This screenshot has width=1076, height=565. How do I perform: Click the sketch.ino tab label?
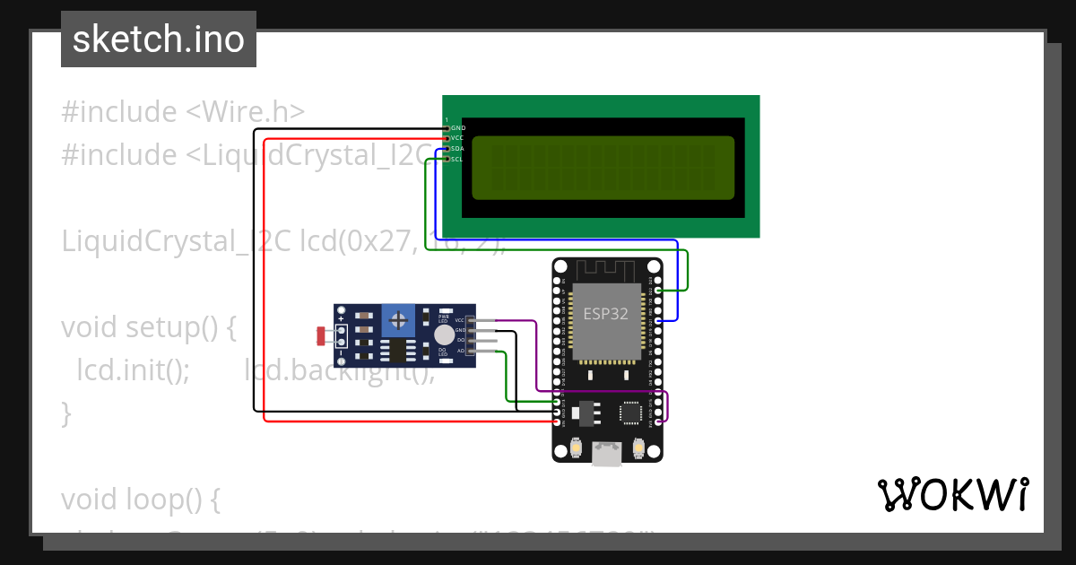tap(159, 39)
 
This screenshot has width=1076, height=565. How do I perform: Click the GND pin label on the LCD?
tap(457, 128)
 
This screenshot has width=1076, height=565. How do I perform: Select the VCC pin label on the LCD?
tap(457, 138)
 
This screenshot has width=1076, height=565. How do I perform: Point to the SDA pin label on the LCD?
tap(457, 149)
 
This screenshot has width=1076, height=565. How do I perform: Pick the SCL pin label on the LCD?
tap(457, 160)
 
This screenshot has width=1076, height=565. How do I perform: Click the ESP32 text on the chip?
tap(605, 314)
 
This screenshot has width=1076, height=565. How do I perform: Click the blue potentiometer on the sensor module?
tap(398, 318)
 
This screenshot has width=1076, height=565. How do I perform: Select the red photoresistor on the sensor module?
tap(321, 336)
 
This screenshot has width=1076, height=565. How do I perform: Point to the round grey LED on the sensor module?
tap(444, 335)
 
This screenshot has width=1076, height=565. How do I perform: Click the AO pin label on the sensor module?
tap(461, 352)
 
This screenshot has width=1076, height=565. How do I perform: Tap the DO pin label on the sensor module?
tap(461, 341)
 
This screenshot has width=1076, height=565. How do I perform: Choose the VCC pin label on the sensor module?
tap(460, 320)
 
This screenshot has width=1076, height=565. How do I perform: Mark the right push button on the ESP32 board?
tap(639, 446)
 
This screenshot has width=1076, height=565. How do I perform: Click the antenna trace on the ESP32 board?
tap(606, 268)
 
